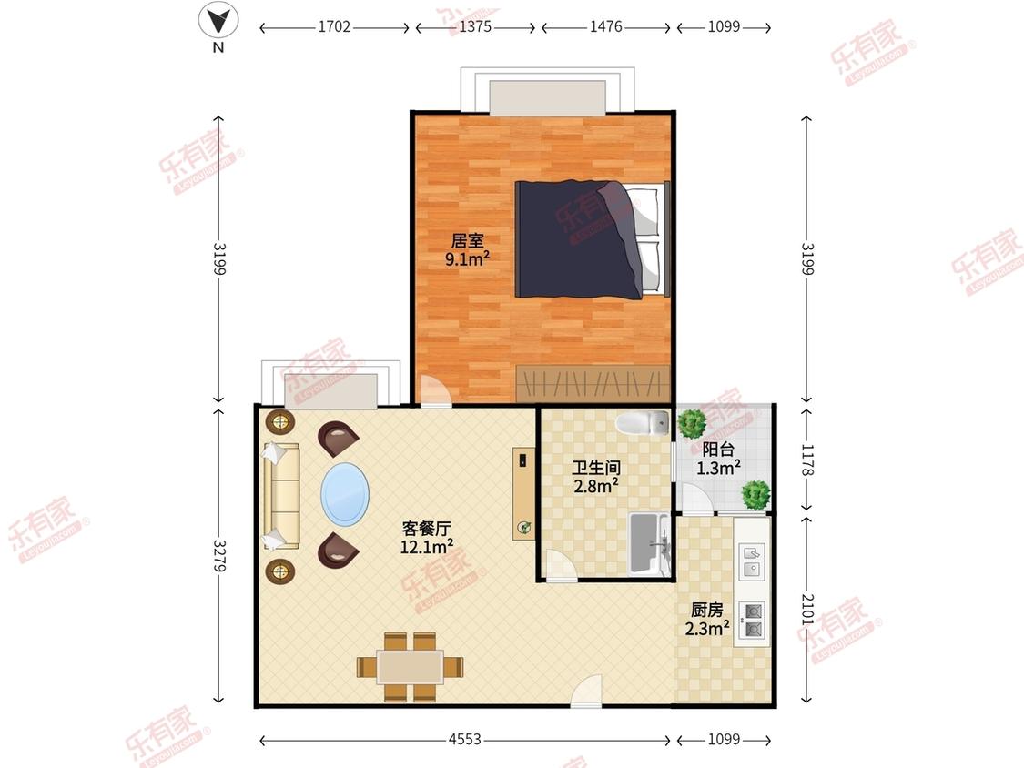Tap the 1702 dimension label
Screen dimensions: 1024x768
(334, 26)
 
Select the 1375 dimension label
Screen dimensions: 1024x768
(475, 26)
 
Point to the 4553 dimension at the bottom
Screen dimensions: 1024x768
(465, 739)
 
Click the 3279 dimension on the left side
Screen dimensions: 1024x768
(219, 556)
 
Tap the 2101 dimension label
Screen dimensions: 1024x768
(807, 610)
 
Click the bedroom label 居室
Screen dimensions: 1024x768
(468, 240)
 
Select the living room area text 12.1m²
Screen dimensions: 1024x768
(427, 547)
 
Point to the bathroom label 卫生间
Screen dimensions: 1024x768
(596, 468)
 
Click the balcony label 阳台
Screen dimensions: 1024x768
(718, 450)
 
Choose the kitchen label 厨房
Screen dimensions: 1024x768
(707, 610)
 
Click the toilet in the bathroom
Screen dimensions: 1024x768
(643, 422)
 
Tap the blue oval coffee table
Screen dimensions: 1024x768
(345, 494)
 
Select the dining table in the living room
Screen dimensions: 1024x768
(411, 667)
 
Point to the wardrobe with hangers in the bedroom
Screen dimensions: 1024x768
(593, 383)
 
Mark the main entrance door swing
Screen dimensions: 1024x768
(586, 691)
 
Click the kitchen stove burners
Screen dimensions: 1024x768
(753, 621)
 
